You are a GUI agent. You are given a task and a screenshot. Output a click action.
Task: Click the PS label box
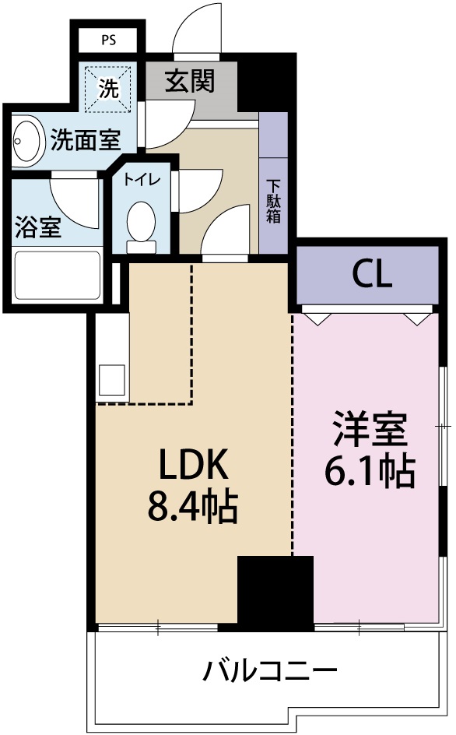[108, 40]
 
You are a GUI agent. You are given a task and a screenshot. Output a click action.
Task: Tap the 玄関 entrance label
[190, 80]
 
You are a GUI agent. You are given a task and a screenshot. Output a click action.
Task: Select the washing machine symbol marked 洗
[109, 88]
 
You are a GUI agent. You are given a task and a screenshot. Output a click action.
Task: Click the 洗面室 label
[85, 140]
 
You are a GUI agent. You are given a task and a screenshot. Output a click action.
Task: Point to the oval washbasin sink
[27, 140]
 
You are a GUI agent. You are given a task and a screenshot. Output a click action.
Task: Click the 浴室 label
[38, 229]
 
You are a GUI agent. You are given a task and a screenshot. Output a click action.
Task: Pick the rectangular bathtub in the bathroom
[58, 277]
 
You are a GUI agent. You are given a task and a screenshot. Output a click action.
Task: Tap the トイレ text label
[141, 179]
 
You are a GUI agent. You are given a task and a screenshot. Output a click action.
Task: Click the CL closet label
[371, 273]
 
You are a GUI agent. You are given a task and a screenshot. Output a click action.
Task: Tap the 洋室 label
[370, 430]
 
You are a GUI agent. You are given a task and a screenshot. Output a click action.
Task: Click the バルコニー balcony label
[270, 670]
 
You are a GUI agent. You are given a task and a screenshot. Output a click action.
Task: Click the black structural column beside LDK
[275, 592]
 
